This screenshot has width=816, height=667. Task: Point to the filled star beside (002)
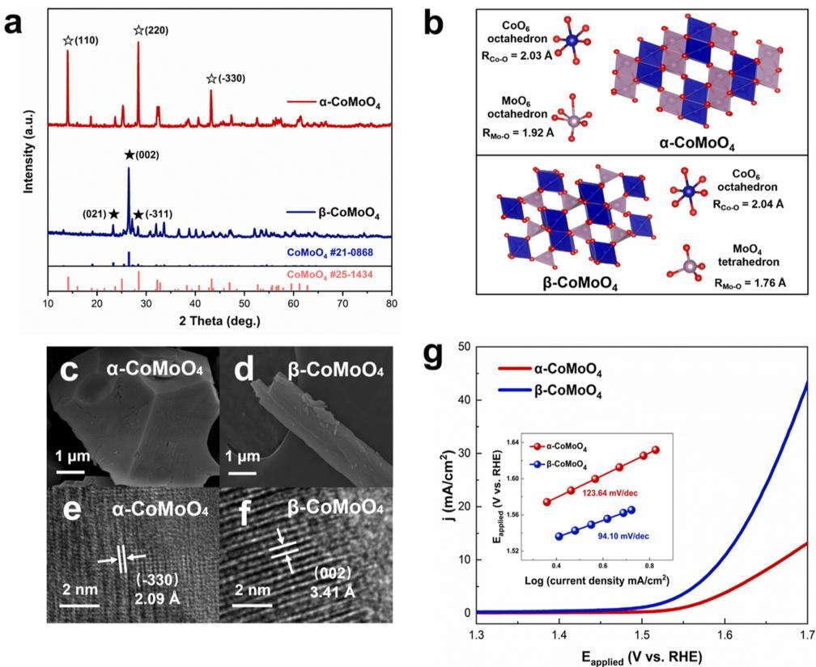tap(130, 155)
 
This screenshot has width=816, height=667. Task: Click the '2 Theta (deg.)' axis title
tap(220, 321)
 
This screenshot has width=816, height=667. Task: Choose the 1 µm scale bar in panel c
tap(70, 471)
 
